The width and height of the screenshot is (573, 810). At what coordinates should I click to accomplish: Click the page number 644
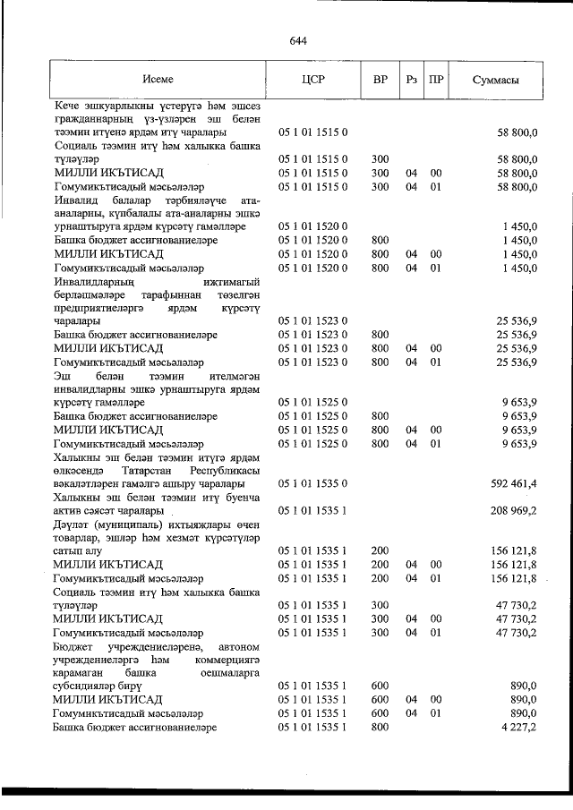point(299,41)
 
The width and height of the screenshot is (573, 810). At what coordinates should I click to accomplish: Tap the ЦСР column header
point(313,80)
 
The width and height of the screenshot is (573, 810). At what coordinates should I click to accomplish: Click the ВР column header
point(380,80)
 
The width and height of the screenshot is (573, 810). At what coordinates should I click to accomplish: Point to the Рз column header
point(412,80)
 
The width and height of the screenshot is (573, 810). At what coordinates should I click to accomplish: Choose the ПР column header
point(436,80)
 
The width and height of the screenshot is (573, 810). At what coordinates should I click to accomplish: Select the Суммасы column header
point(497,80)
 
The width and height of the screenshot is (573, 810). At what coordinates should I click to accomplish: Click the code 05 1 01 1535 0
point(313,483)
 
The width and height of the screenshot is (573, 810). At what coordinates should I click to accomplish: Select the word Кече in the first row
point(67,106)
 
